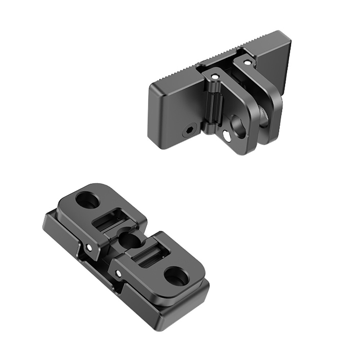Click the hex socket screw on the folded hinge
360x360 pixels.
tap(189, 130)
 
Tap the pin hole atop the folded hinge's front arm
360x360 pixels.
tap(215, 76)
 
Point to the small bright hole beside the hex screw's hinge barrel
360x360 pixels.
tap(227, 136)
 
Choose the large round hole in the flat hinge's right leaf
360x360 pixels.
tap(176, 276)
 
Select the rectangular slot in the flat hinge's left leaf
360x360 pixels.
tap(107, 222)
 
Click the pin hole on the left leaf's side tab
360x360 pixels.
tap(89, 247)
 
